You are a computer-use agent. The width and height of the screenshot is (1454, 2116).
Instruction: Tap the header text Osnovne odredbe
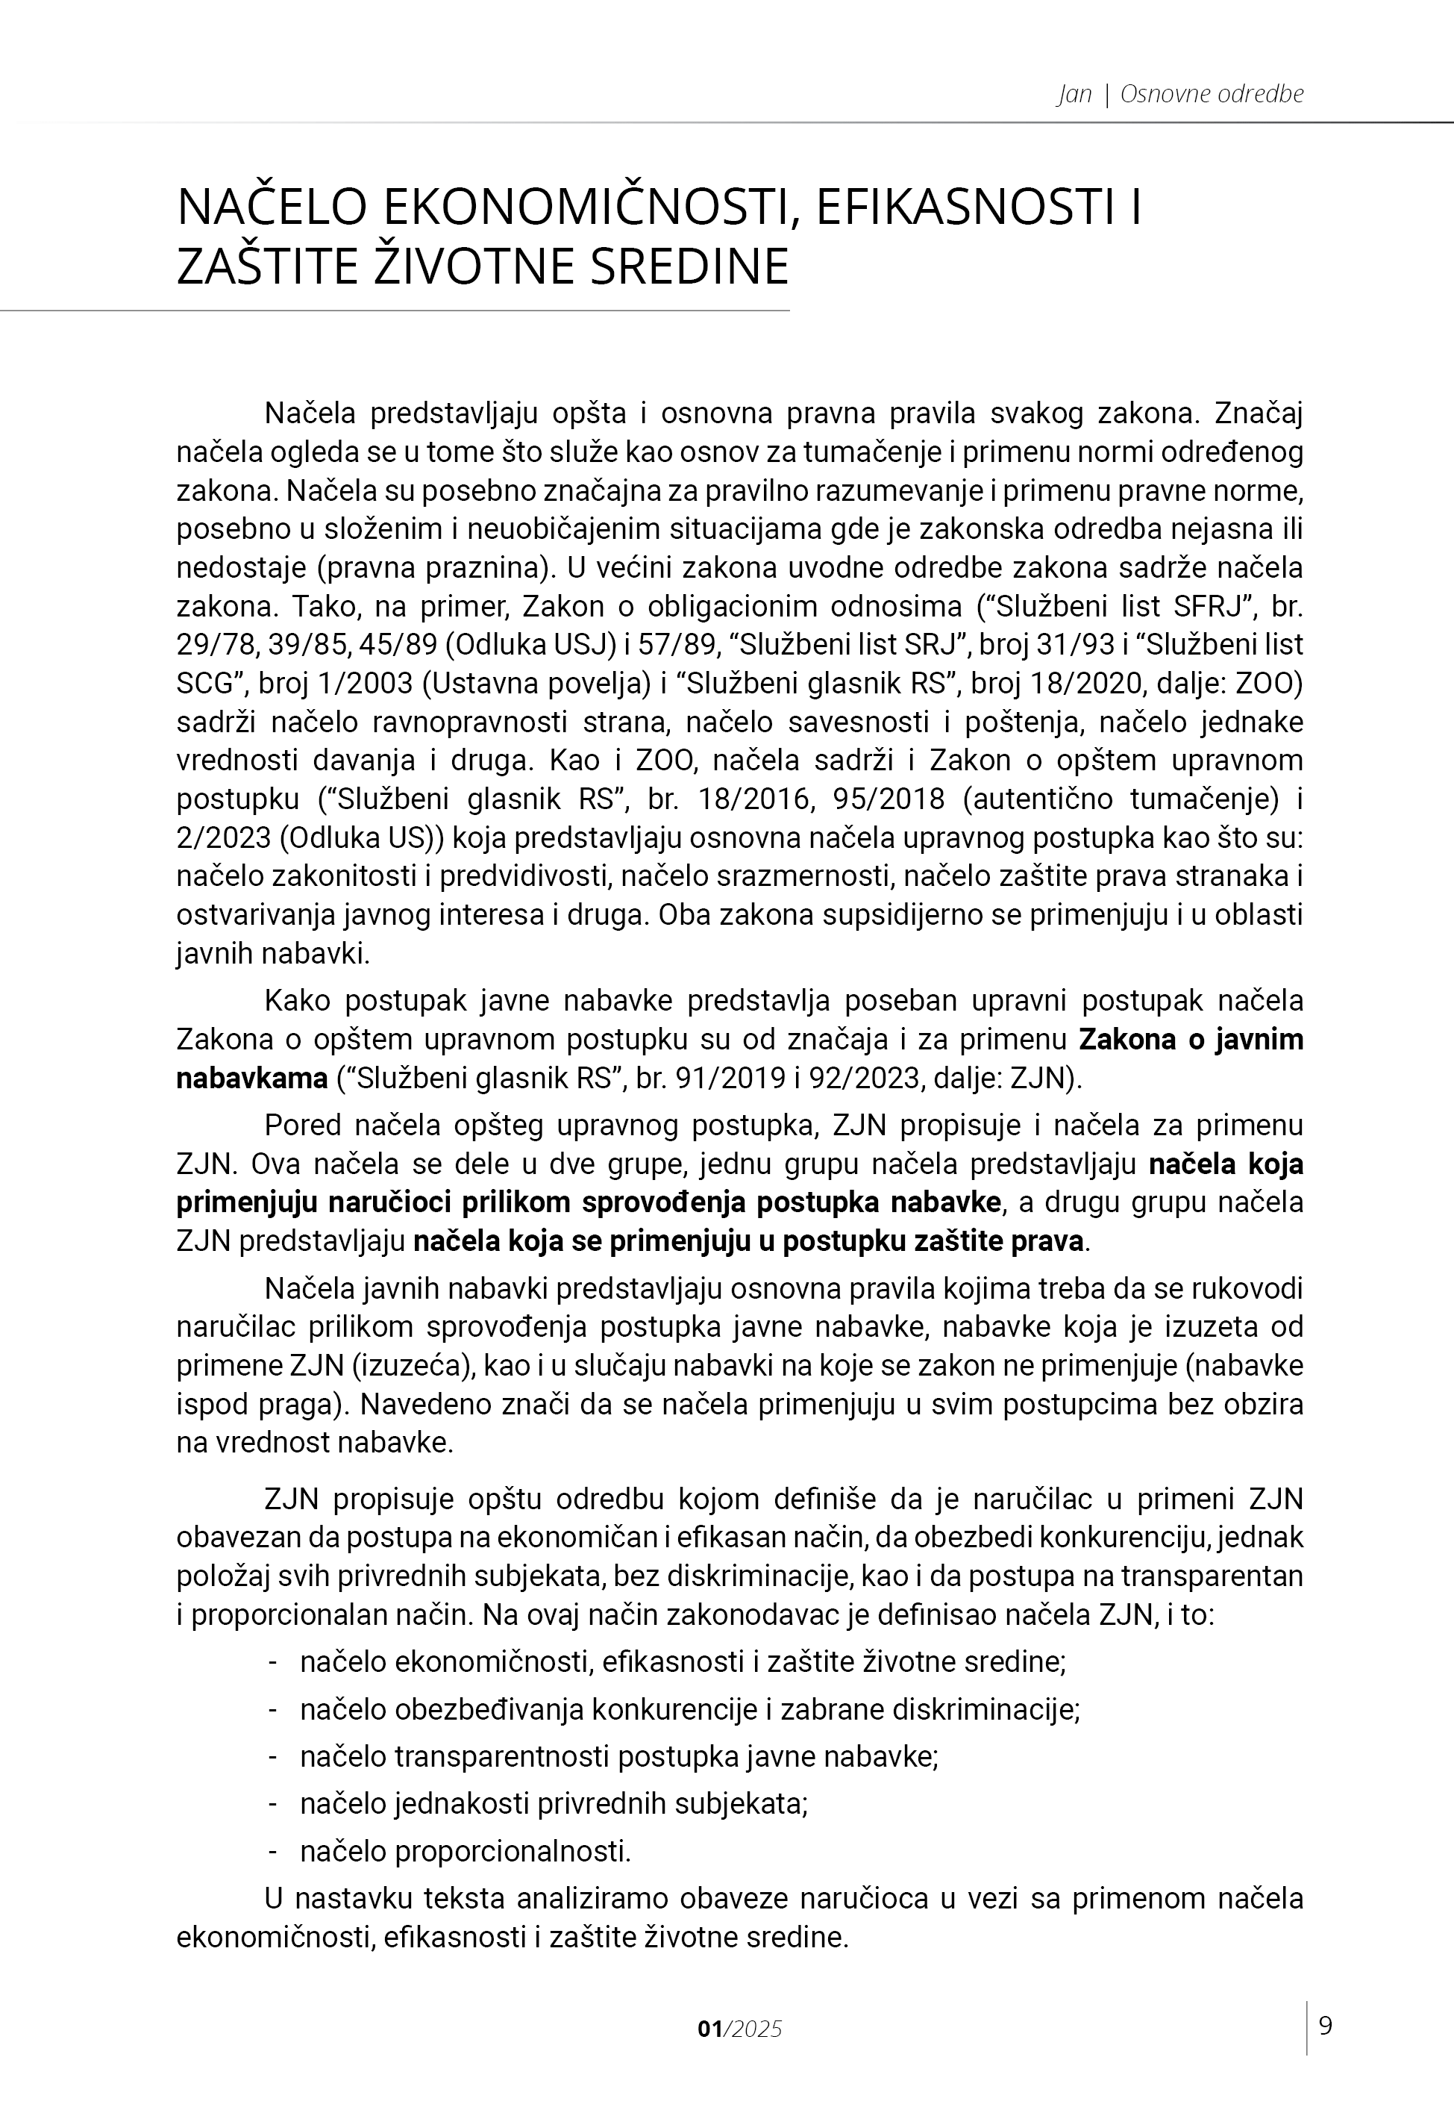(1212, 94)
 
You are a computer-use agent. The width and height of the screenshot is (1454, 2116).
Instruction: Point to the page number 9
(1326, 2026)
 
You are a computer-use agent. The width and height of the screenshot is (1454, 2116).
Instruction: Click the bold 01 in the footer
(709, 2029)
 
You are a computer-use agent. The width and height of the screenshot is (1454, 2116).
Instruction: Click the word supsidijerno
(899, 914)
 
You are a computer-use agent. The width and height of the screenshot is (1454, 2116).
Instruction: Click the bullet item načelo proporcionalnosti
(466, 1851)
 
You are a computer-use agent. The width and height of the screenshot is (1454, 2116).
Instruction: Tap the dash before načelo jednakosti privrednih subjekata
(272, 1803)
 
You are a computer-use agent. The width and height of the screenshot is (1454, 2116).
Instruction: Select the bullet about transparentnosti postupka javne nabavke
(618, 1756)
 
